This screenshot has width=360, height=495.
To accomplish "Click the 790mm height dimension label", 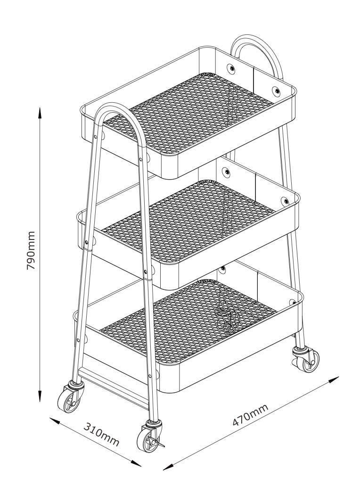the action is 31,250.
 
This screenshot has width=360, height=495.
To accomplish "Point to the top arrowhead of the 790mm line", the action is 40,113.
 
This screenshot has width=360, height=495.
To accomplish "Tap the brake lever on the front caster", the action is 159,443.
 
